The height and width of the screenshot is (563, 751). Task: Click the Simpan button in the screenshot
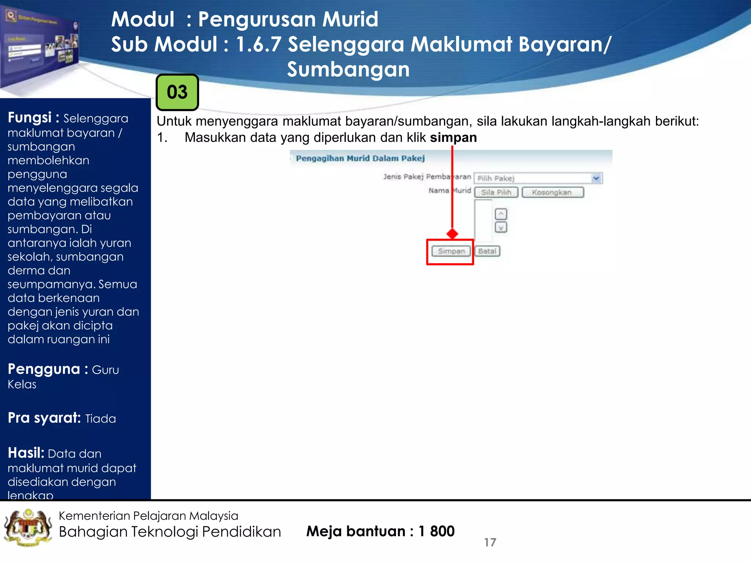tap(451, 251)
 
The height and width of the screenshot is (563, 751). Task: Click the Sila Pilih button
tap(496, 192)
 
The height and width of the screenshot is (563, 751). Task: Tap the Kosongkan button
tap(552, 192)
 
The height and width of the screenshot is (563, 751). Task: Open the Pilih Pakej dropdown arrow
tap(596, 178)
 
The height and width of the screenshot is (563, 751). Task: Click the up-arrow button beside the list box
tap(501, 214)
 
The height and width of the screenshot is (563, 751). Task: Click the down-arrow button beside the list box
tap(501, 228)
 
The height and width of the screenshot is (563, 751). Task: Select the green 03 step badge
tap(177, 92)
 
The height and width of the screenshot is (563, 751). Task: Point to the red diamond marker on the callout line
tap(452, 233)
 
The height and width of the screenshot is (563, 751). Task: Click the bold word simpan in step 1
tap(453, 137)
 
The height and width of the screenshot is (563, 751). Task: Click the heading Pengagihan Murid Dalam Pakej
tap(360, 158)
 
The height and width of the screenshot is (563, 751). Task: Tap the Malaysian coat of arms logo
tap(28, 528)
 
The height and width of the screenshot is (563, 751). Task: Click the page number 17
tap(490, 542)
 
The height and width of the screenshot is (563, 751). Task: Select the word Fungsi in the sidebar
tap(30, 118)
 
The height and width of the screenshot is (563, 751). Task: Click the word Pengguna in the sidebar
tap(44, 369)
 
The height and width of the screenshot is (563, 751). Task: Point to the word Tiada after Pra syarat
tap(100, 419)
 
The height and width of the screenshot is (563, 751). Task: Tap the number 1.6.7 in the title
tap(258, 44)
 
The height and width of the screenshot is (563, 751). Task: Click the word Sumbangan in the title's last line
tap(348, 69)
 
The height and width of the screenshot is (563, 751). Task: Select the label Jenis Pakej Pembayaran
tap(427, 177)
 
